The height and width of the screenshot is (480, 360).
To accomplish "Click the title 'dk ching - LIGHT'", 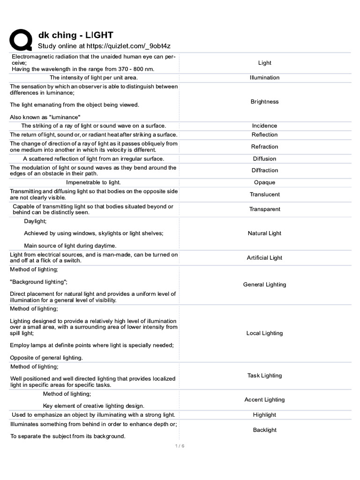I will coord(75,35).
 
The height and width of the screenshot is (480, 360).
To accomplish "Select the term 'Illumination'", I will coord(264,78).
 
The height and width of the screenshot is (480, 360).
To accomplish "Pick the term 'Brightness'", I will coord(264,102).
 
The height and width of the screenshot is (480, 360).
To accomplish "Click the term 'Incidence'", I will coord(264,126).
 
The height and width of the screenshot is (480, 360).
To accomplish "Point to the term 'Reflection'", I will coord(264,135).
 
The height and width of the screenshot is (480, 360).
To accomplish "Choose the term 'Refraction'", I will coord(264,147).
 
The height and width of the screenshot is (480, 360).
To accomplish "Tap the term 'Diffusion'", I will coord(264,159).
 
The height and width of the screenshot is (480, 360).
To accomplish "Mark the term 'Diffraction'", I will coord(264,171).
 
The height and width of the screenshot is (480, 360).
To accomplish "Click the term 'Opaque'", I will coord(264,183).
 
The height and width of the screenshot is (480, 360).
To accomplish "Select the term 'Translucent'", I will coord(264,195).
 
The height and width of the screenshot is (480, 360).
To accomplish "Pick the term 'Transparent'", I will coord(264,210).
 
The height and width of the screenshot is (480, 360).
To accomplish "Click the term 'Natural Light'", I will coord(264,233).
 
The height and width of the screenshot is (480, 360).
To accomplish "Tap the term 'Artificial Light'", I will coord(264,258).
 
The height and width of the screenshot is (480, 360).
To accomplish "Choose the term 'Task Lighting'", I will coord(264,375).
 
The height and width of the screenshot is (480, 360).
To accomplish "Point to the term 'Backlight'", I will coord(264,430).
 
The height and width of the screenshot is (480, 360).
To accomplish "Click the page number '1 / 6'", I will coord(180,446).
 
